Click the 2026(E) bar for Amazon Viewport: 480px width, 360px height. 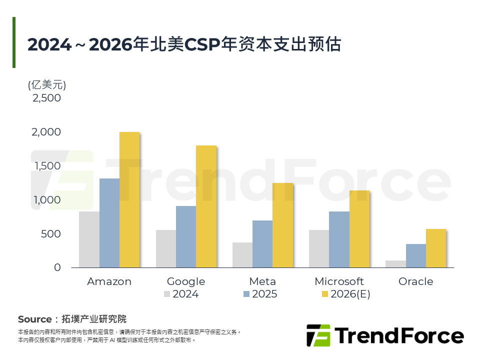(129, 200)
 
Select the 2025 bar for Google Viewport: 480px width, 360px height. (186, 236)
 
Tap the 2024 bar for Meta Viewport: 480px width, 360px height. (242, 255)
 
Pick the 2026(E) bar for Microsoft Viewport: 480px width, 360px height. (359, 229)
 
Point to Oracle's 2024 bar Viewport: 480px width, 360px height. (395, 264)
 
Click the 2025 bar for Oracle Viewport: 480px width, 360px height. (415, 255)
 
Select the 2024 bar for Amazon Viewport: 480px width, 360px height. (89, 239)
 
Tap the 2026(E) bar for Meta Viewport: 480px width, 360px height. (282, 225)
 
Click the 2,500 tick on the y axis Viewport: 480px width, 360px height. (46, 98)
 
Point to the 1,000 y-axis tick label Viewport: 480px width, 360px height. (46, 200)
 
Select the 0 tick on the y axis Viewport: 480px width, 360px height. (57, 267)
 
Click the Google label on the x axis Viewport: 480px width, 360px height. (186, 281)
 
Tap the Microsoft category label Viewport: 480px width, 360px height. (339, 281)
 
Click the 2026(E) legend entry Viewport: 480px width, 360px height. (345, 294)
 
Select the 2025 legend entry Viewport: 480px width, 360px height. (260, 294)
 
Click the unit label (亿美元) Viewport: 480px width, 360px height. (47, 84)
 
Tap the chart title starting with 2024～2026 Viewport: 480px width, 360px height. (184, 44)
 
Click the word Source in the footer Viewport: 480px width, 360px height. (34, 319)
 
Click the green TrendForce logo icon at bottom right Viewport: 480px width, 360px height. (318, 335)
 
